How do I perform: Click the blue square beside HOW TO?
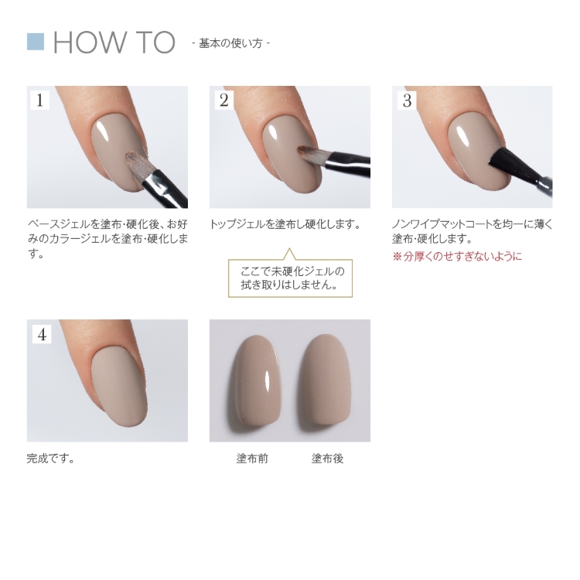point(36,41)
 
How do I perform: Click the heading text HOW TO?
point(114,43)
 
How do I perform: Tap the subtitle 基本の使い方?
point(230,43)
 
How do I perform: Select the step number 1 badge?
point(39,100)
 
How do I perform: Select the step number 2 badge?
point(223,100)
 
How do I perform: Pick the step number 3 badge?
point(406,100)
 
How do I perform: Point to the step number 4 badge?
point(41,334)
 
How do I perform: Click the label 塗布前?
point(252,459)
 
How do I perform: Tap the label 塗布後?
point(327,459)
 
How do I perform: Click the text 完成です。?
point(51,459)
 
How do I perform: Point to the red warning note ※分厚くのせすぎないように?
point(457,256)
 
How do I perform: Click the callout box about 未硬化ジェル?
point(290,278)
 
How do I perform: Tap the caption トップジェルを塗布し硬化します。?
point(285,224)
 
